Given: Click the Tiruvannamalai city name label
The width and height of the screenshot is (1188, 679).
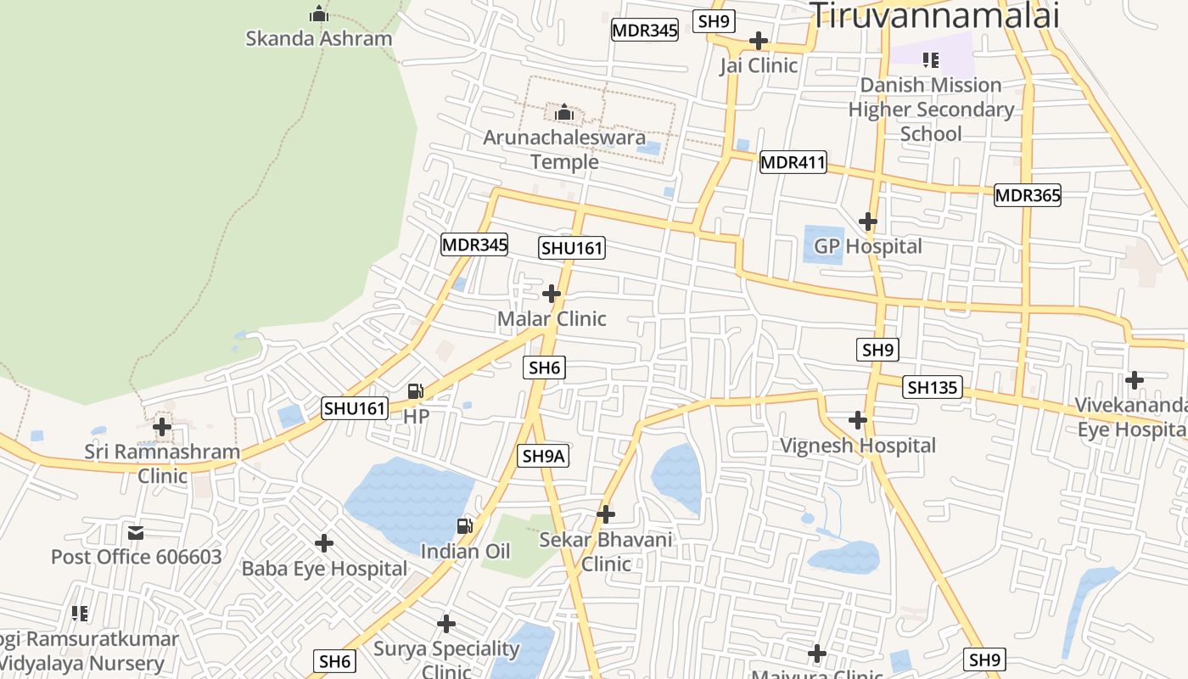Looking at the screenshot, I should click(x=934, y=15).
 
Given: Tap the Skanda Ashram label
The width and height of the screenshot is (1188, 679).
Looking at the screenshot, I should click(x=319, y=38).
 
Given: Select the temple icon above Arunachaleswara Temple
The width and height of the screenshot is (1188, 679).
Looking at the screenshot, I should click(x=564, y=112).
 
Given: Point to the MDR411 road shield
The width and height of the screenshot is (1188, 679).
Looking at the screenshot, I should click(x=793, y=162).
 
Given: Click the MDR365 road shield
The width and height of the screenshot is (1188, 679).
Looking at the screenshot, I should click(x=1028, y=195).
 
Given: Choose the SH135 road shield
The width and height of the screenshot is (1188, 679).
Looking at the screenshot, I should click(x=933, y=388).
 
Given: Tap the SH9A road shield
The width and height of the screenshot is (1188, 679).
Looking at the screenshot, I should click(x=543, y=456).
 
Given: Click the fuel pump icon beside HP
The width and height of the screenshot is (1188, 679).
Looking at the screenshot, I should click(x=416, y=391).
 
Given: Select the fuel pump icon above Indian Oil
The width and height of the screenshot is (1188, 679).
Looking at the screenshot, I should click(x=465, y=526).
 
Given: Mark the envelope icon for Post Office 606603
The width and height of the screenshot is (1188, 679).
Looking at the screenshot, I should click(x=136, y=533).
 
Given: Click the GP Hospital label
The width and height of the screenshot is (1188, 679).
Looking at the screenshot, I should click(x=867, y=246).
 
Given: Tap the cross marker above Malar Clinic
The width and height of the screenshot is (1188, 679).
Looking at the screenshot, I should click(x=552, y=294).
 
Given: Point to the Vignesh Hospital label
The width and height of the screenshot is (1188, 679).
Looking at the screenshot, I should click(x=858, y=446).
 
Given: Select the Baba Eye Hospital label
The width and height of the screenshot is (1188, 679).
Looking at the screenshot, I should click(x=325, y=569).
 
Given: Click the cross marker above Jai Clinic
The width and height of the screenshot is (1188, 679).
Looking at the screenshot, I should click(x=759, y=41).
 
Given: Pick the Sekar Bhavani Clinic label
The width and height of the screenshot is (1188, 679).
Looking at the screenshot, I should click(x=606, y=551).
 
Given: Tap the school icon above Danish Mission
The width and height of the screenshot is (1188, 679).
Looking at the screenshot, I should click(x=931, y=60).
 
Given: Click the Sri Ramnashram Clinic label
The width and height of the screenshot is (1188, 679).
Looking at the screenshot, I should click(x=162, y=463).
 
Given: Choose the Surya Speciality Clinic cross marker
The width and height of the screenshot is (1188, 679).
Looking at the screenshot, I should click(x=446, y=625).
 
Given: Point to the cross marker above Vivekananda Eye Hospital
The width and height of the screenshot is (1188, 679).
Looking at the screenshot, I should click(x=1135, y=379).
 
